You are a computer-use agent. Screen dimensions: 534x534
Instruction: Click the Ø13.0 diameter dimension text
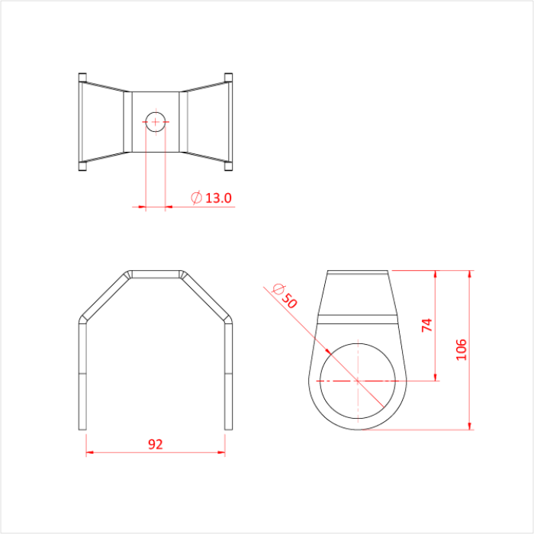(x=211, y=198)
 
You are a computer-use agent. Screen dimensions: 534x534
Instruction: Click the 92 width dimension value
(x=155, y=444)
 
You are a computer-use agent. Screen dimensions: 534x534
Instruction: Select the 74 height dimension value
(x=427, y=324)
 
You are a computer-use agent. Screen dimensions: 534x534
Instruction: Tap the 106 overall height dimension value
(x=460, y=349)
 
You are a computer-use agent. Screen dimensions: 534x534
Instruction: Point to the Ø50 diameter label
(x=283, y=295)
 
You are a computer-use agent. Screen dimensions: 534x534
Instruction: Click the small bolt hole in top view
(x=156, y=121)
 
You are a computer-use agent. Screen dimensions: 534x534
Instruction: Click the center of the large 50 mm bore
(x=358, y=379)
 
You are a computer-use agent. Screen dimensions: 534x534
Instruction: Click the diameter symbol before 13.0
(x=196, y=198)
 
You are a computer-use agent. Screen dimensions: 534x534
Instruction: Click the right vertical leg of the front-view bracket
(x=227, y=374)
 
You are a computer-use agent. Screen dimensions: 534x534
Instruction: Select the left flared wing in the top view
(x=103, y=122)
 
